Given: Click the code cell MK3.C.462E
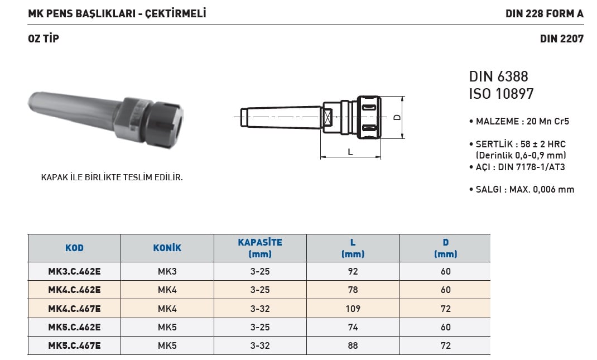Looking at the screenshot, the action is pyautogui.click(x=74, y=271).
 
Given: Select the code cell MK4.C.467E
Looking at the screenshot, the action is pyautogui.click(x=74, y=309).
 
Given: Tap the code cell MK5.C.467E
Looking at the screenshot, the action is pyautogui.click(x=74, y=345).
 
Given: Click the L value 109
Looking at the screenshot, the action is pyautogui.click(x=353, y=309).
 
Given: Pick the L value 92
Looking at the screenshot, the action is pyautogui.click(x=353, y=271).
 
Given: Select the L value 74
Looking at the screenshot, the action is pyautogui.click(x=353, y=327).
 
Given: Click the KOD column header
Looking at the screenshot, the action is pyautogui.click(x=74, y=248).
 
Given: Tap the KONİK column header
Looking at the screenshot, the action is pyautogui.click(x=167, y=248).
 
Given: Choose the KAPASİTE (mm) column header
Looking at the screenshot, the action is pyautogui.click(x=260, y=248).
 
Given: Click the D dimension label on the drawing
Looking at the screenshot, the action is pyautogui.click(x=397, y=117).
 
